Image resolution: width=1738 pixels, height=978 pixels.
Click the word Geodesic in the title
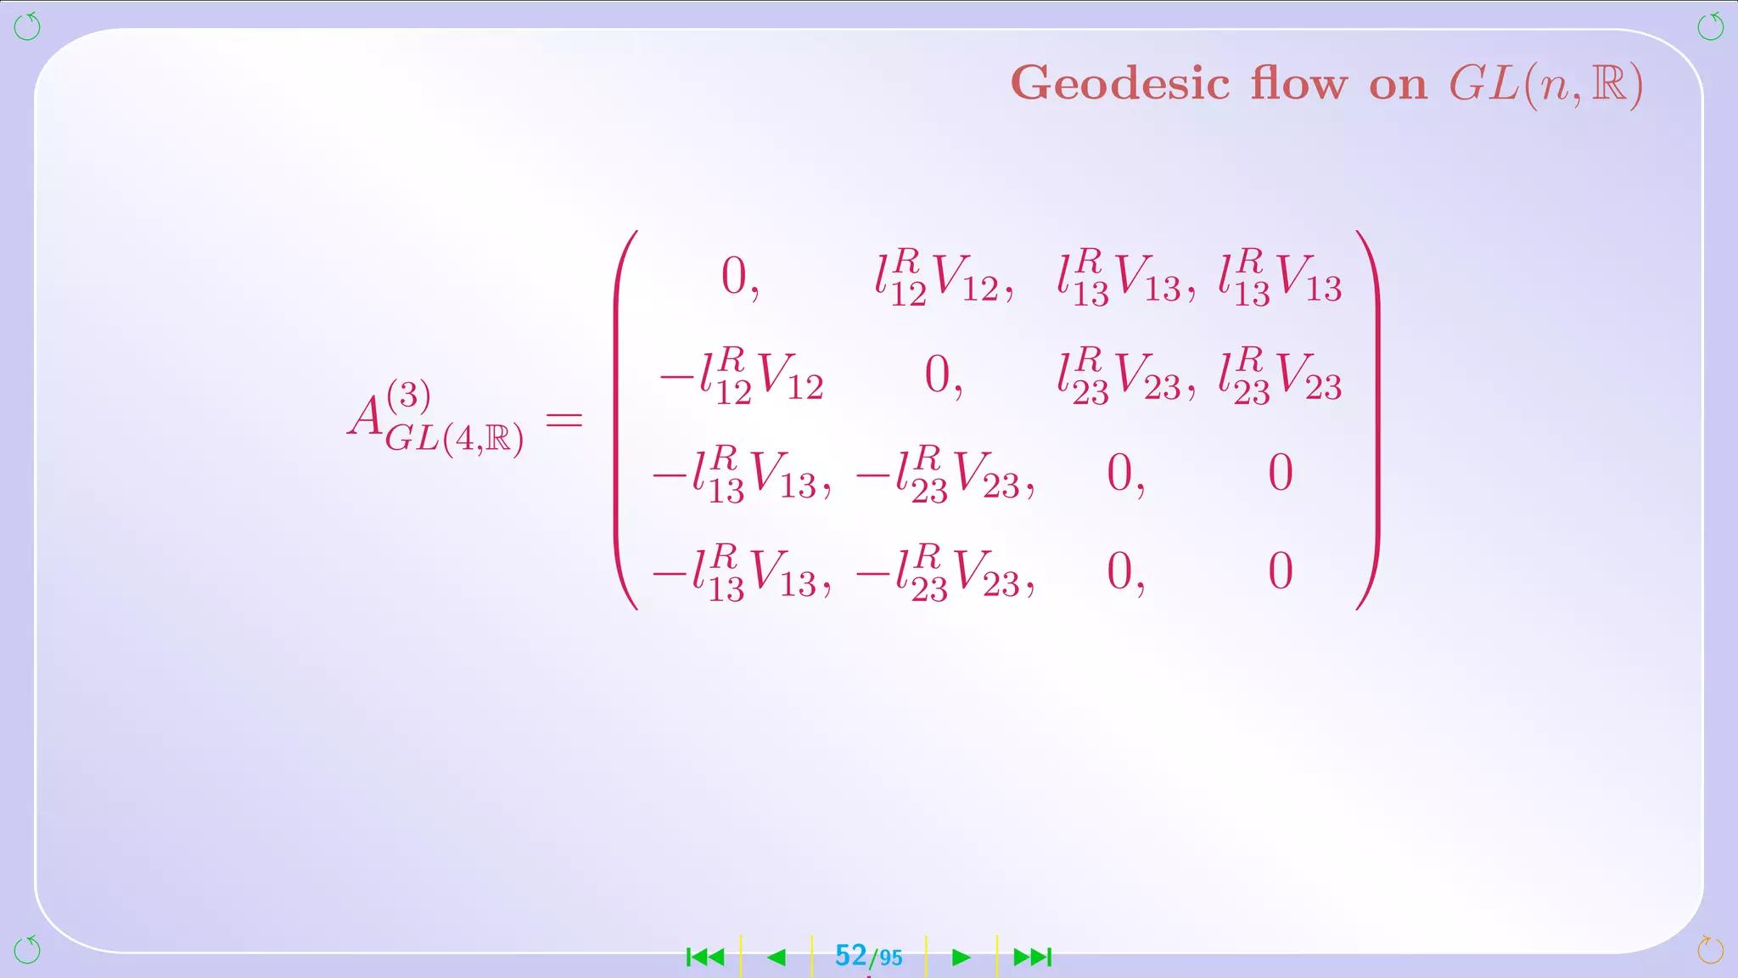[x=1120, y=84]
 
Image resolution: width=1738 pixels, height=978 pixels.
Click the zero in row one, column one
[x=735, y=277]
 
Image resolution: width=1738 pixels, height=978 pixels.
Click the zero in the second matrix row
[x=939, y=374]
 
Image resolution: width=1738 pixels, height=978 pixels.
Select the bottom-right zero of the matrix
[x=1281, y=570]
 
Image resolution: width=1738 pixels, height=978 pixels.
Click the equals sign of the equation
[x=564, y=419]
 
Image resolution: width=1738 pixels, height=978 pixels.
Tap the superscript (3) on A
[x=409, y=395]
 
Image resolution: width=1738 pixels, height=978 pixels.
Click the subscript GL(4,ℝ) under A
[x=455, y=438]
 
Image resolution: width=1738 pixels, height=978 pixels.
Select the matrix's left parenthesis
[x=626, y=420]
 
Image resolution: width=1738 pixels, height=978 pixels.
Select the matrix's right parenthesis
[x=1368, y=420]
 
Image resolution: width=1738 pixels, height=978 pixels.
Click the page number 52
[x=850, y=956]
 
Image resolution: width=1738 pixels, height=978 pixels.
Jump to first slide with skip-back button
[x=705, y=958]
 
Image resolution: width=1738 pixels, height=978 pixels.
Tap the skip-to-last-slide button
[x=1033, y=958]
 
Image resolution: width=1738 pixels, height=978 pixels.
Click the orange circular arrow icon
[x=1710, y=950]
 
